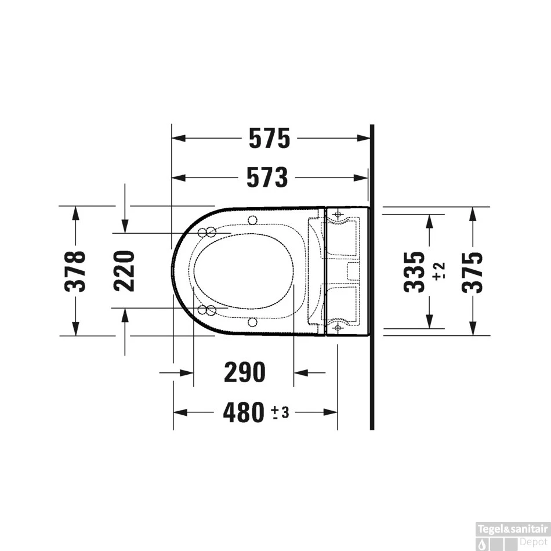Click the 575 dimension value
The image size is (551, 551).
tap(269, 139)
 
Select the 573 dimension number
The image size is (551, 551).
tap(267, 177)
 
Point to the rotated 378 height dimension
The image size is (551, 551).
tap(76, 271)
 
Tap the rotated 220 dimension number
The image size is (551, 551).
tap(125, 270)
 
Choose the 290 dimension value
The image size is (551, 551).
tap(244, 372)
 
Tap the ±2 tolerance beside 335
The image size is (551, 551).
tap(439, 271)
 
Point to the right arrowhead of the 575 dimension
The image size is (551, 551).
tap(364, 139)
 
